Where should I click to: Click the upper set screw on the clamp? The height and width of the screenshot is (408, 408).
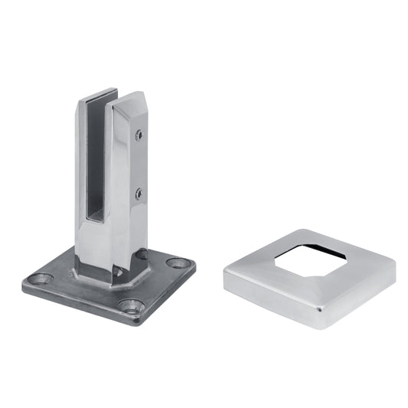(139, 135)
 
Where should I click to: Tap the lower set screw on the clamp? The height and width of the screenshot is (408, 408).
(139, 194)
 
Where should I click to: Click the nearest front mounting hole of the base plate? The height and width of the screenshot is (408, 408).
(131, 306)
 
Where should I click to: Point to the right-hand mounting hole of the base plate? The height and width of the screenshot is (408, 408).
(178, 263)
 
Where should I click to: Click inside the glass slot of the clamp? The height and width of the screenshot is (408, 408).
(96, 168)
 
